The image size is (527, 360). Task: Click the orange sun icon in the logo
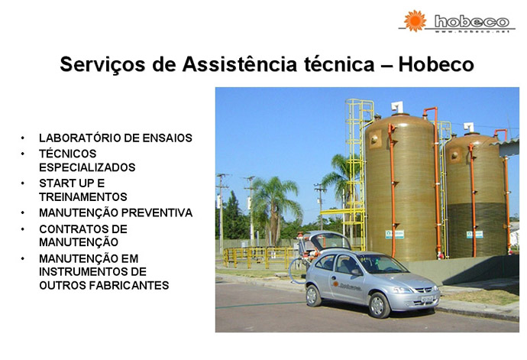point(415,21)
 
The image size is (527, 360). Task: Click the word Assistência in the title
point(240,64)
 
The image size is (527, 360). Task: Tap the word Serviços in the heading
point(102,65)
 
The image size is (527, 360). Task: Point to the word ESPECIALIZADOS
point(87,167)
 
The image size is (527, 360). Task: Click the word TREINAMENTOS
point(83,197)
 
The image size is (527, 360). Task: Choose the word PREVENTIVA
point(157,212)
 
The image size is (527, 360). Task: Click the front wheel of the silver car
point(379,305)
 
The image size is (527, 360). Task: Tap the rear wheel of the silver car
point(313,295)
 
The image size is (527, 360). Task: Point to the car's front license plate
point(427,298)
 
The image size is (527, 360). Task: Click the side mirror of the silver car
point(356,272)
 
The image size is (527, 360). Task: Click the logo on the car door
point(347,286)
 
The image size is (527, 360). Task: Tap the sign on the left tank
point(395,234)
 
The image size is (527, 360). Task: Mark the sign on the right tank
point(474,235)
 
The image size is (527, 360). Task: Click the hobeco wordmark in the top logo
point(471,21)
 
